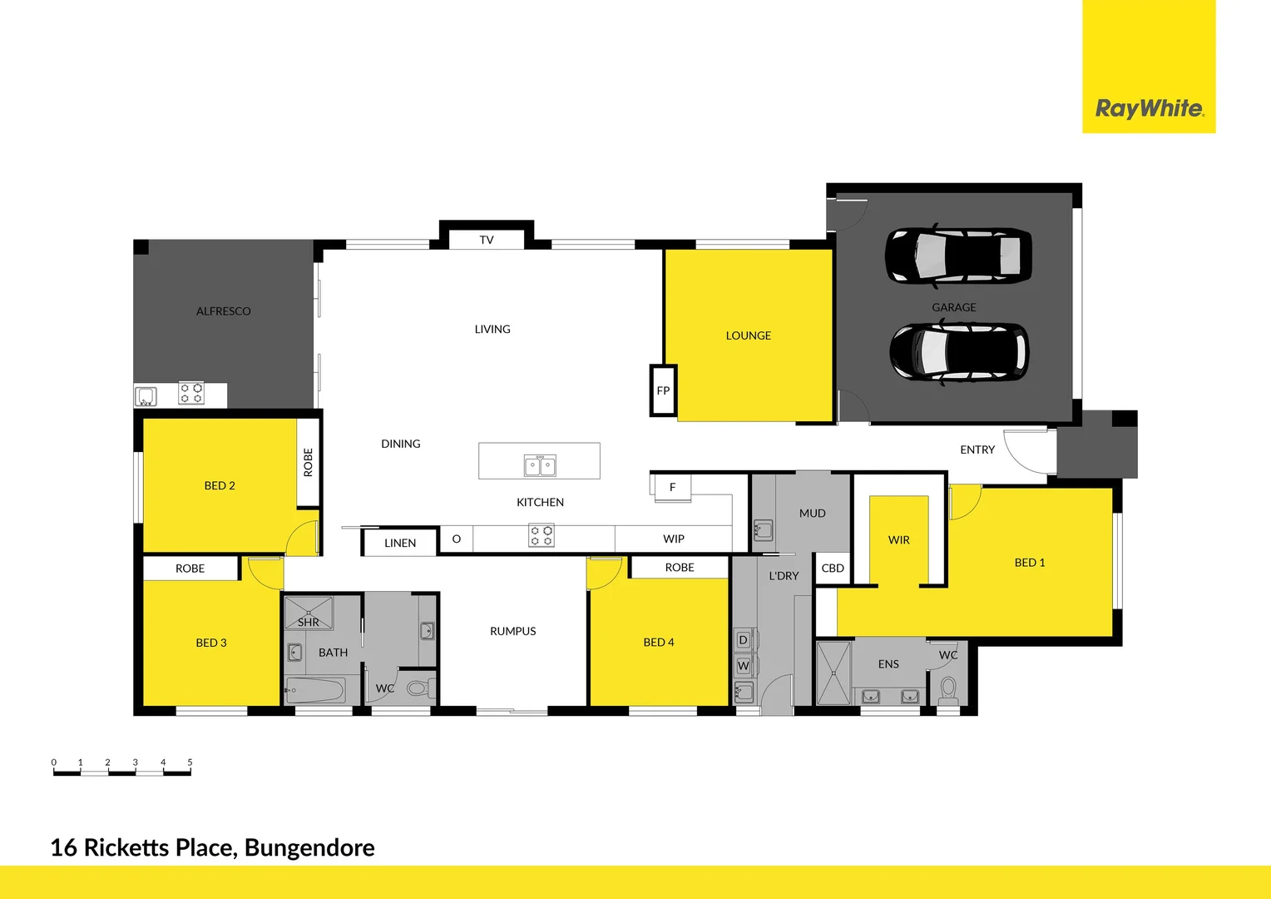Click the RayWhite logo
1149,108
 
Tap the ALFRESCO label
223,311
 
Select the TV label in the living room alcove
487,240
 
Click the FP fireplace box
663,390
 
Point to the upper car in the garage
958,255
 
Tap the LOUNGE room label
748,335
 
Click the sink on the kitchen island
540,465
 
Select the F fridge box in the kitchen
672,487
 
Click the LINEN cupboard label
400,543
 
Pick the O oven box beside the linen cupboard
456,539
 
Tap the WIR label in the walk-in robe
898,539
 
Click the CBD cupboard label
833,569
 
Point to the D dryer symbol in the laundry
744,640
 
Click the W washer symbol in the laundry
744,666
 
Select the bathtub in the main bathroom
315,690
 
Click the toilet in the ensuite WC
947,689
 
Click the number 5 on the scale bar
190,762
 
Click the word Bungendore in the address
309,847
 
